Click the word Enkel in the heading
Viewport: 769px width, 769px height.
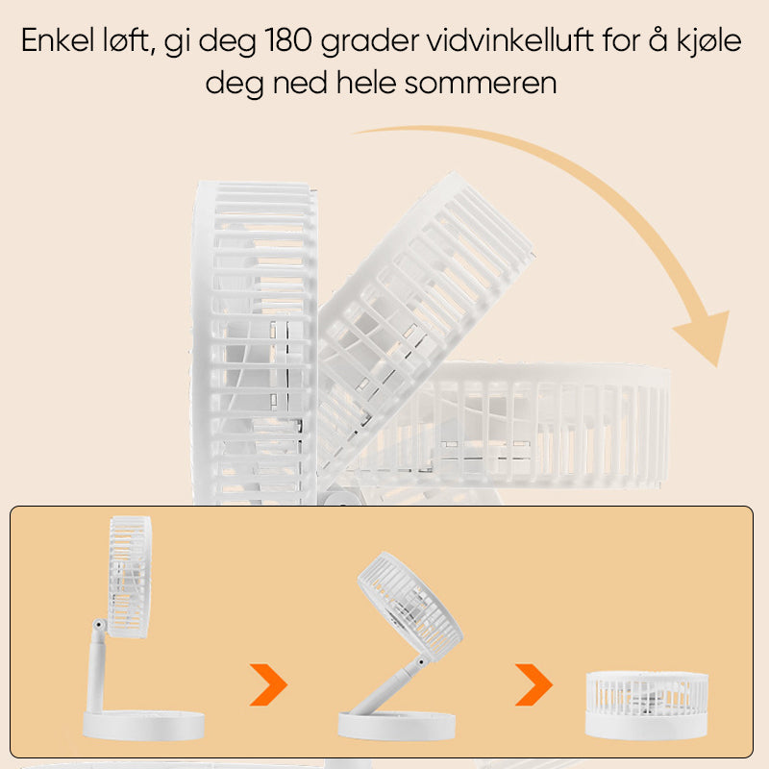tap(58, 40)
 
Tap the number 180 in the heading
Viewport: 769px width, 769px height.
tap(288, 40)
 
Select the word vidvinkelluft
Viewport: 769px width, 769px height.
tap(510, 40)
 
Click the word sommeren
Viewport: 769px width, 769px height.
tap(481, 83)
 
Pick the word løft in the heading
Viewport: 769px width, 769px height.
tap(129, 40)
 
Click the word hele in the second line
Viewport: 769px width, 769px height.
tap(366, 82)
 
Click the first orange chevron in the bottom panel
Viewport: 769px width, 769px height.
tap(268, 684)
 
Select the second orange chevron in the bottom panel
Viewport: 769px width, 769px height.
tap(533, 684)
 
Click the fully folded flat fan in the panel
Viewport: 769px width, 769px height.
tap(647, 706)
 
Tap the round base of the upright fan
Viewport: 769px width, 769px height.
tap(143, 726)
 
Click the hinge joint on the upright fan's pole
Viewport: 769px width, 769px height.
tap(100, 625)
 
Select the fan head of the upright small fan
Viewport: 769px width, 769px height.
tap(130, 577)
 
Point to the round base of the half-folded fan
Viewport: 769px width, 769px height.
tap(397, 726)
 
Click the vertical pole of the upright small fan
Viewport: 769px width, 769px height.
tap(95, 672)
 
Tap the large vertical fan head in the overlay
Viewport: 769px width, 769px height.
tap(254, 343)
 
